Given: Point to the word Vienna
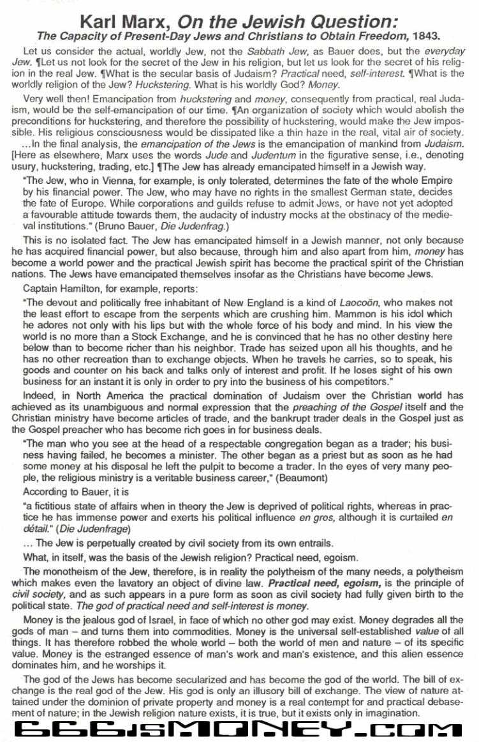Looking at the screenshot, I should pyautogui.click(x=115, y=181).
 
